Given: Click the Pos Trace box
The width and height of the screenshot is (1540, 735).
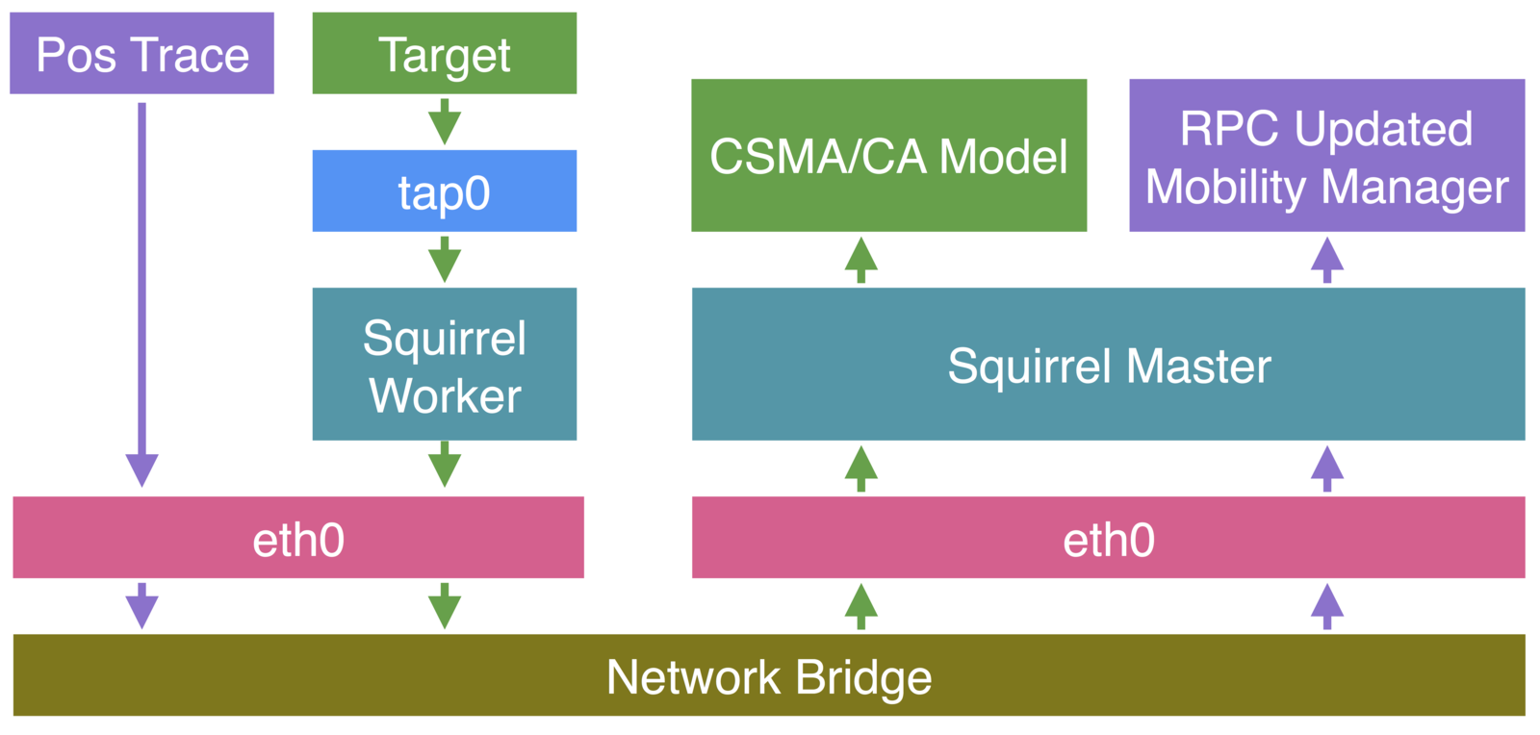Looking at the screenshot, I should point(141,53).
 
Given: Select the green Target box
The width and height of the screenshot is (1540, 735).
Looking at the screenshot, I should point(444,53).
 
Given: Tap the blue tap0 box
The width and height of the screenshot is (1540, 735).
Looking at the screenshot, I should point(444,190).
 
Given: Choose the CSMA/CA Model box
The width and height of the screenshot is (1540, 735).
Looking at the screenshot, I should point(888,155).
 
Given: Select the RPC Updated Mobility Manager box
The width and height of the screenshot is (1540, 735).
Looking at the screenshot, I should point(1326,155).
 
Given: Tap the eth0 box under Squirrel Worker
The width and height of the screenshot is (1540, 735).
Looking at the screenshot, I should point(297,538).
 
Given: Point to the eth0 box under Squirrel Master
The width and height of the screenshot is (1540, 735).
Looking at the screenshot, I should point(1108,538).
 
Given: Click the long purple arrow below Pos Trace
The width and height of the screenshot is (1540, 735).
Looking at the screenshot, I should point(141,289).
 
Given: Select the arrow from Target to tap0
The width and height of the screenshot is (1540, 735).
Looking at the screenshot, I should point(444,121).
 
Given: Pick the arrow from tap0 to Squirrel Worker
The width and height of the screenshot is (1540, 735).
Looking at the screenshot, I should point(444,259).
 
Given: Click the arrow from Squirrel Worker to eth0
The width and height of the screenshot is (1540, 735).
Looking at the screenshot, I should point(444,465).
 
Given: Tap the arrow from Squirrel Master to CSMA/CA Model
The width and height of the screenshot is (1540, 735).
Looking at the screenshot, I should point(860,260).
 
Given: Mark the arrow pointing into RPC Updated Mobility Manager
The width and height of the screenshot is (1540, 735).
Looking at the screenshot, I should point(1326,260).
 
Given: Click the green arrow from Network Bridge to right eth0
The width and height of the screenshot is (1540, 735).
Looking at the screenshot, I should point(860,606).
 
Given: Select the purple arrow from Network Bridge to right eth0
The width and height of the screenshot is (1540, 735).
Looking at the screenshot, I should point(1326,606).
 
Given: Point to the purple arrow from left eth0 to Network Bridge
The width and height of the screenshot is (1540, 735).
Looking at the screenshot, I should point(141,606).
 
